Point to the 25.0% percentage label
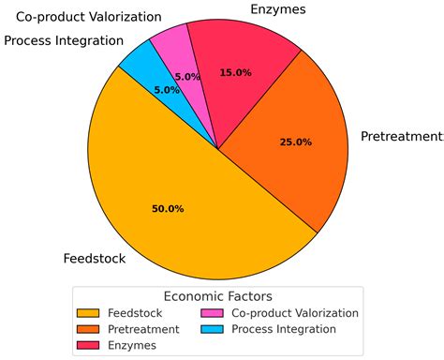coord(295,142)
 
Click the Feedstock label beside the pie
coord(91,258)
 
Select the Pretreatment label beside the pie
coord(401,137)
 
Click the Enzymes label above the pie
coord(277,10)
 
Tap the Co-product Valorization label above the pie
coord(88,18)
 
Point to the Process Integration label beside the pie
coord(63,41)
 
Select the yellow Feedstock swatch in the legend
coord(89,313)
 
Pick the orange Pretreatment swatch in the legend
coord(89,329)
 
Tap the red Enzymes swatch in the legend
coord(89,346)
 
